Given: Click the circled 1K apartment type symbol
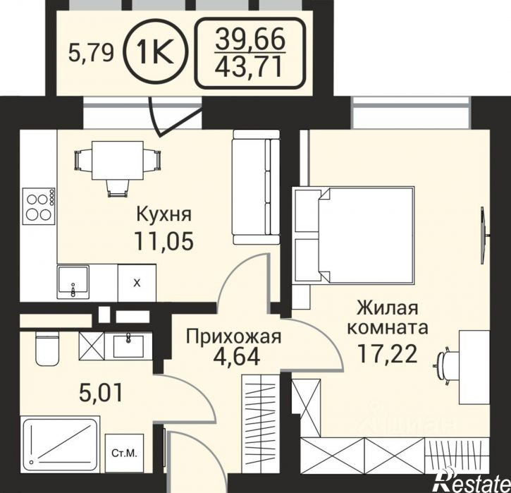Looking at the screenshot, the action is point(156,52).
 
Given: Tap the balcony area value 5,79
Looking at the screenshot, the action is point(91,53).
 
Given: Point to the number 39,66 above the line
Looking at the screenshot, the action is point(250,38).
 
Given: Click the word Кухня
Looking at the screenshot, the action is point(164,215).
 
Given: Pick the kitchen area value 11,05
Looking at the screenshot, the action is point(164,241).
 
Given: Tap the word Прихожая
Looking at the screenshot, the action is point(233,336).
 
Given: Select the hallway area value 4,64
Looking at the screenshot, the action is point(236,357).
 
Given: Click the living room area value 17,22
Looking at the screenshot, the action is point(387,354).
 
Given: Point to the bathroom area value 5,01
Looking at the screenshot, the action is point(101,393).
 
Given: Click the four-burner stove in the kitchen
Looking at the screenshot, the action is point(39,206).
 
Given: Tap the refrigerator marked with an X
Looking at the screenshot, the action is point(137,283).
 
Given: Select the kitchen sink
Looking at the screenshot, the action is point(73,282).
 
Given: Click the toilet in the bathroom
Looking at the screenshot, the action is point(47,348).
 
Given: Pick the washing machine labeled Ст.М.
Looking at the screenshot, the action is point(124,454).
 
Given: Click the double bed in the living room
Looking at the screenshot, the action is point(355,235).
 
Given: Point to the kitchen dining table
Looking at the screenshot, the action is point(118,160).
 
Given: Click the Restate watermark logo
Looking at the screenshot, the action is point(472,480).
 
